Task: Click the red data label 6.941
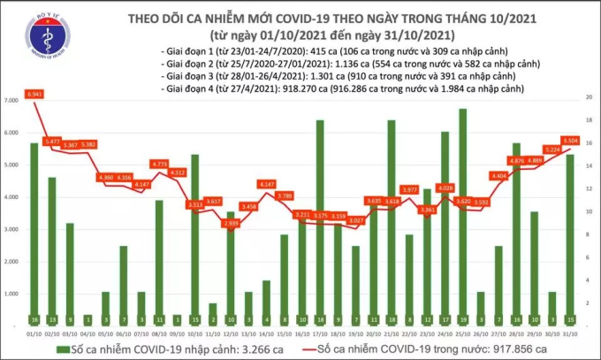point(34,93)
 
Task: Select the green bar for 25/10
point(463,212)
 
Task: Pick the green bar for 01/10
point(34,229)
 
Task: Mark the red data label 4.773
point(159,164)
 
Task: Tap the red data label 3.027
point(356,219)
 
